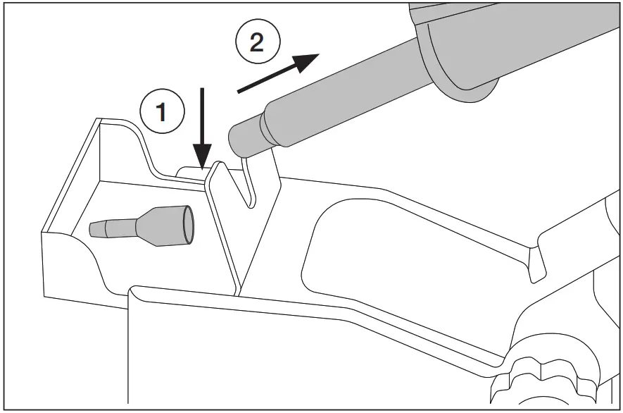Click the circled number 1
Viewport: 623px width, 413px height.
point(162,111)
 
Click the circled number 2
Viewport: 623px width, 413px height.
point(257,44)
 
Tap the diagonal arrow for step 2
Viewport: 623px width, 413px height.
point(278,73)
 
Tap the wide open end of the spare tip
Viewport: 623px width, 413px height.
point(185,221)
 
